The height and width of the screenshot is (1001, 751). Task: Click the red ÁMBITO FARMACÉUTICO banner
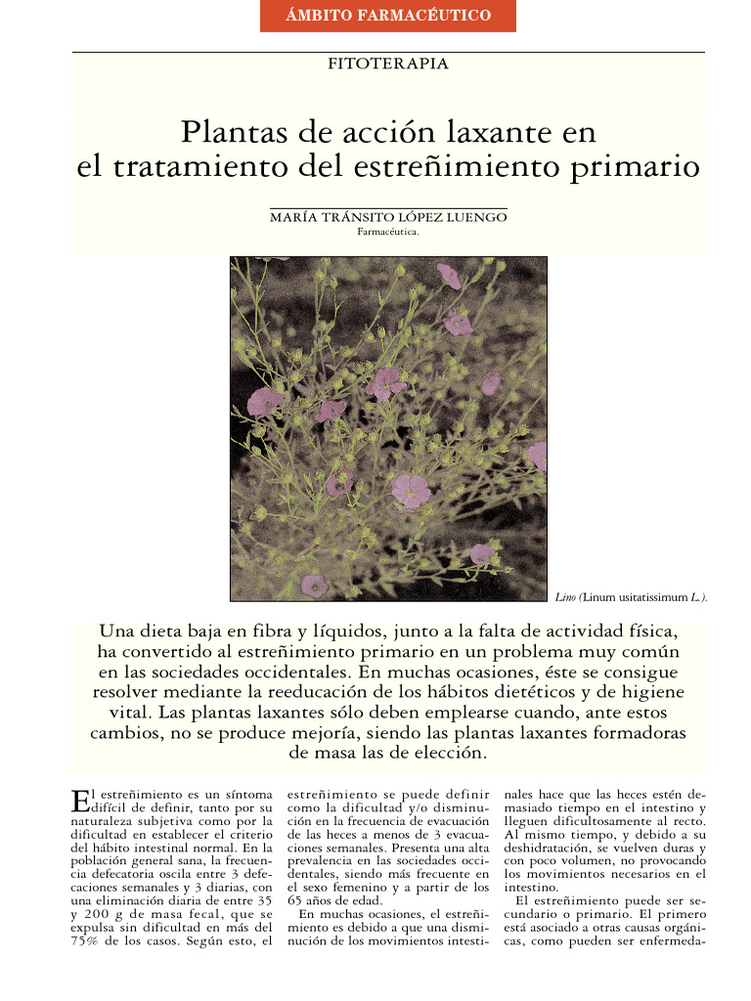click(388, 16)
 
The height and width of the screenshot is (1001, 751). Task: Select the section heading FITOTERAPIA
click(389, 64)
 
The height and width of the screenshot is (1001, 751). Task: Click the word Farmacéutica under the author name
click(388, 233)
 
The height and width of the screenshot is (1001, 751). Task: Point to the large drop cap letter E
click(80, 801)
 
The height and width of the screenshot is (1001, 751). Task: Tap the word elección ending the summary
click(444, 753)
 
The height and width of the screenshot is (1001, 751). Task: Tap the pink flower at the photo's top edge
click(449, 277)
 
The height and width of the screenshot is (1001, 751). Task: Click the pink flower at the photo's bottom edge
click(313, 585)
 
